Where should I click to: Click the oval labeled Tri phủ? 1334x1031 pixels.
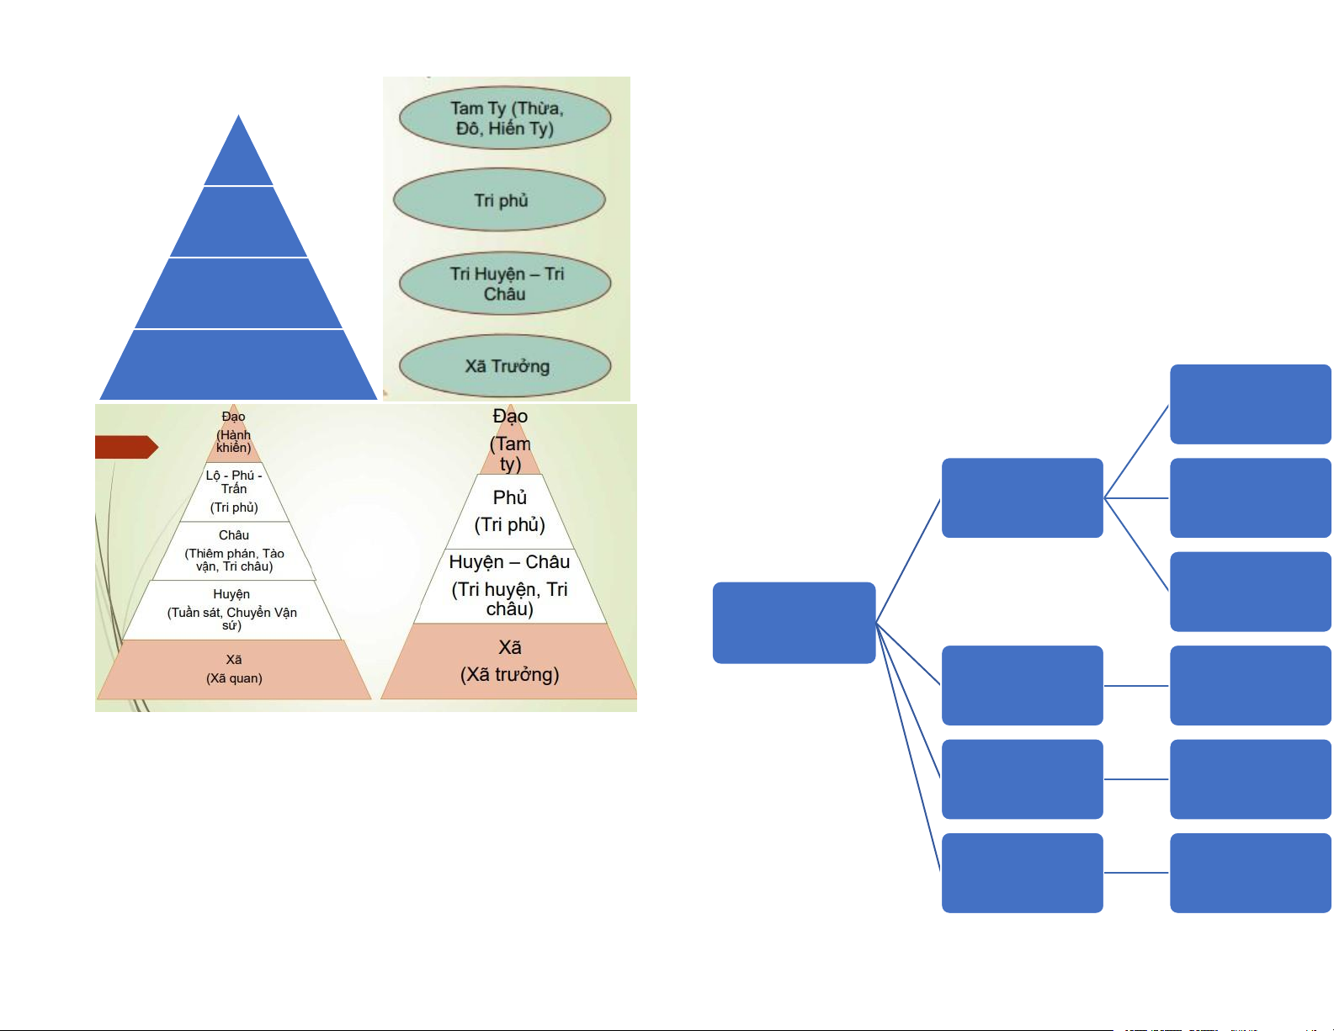coord(500,200)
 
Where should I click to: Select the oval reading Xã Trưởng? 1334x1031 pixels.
coord(505,366)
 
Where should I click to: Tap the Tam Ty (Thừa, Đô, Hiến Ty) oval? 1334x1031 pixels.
coord(505,118)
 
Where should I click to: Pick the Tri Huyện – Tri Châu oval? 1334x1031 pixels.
coord(505,284)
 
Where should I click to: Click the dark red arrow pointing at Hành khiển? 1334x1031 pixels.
coord(125,447)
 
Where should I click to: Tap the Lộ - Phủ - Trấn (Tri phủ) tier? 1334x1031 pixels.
coord(234,492)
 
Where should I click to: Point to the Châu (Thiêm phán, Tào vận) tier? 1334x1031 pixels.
coord(234,551)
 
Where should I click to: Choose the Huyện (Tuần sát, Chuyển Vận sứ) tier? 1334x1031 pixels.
coord(232,610)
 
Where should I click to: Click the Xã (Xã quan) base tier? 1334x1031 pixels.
coord(234,669)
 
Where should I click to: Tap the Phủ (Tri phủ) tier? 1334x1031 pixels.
coord(510,512)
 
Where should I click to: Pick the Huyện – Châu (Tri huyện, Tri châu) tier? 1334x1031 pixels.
coord(510,586)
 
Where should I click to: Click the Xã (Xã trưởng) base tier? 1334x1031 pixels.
coord(510,662)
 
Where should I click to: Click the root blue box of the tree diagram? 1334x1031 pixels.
coord(794,623)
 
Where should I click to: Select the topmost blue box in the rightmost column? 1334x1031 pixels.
coord(1250,404)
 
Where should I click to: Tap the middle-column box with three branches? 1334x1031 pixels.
coord(1022,497)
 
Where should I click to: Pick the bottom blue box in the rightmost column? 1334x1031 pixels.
coord(1250,873)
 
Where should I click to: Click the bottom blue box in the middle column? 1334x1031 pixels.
coord(1022,873)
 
